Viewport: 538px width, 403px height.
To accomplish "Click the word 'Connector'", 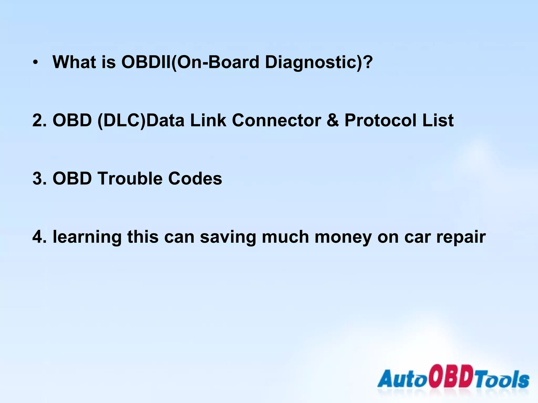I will (x=276, y=120).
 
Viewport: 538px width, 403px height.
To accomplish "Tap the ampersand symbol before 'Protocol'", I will (x=333, y=120).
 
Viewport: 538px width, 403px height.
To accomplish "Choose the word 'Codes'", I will (x=195, y=179).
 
